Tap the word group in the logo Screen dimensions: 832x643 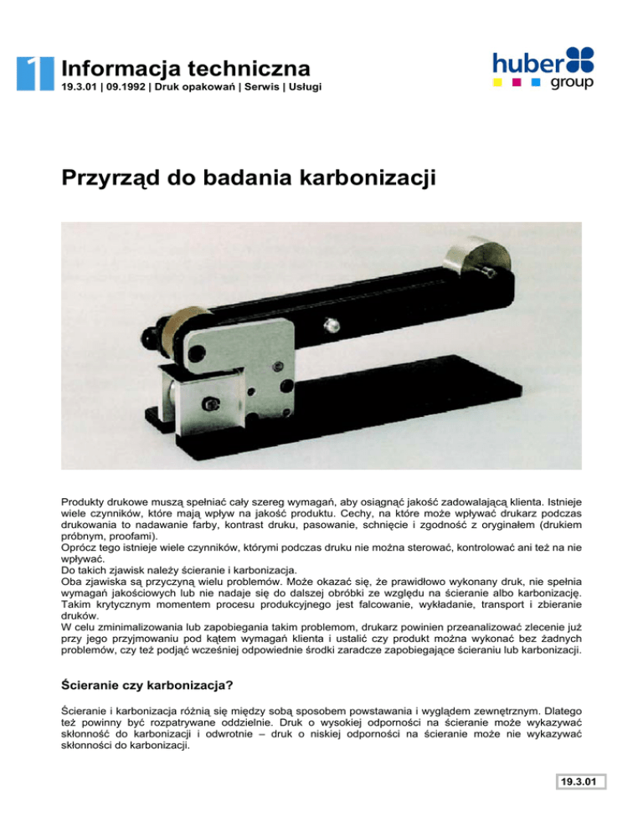pos(572,84)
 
